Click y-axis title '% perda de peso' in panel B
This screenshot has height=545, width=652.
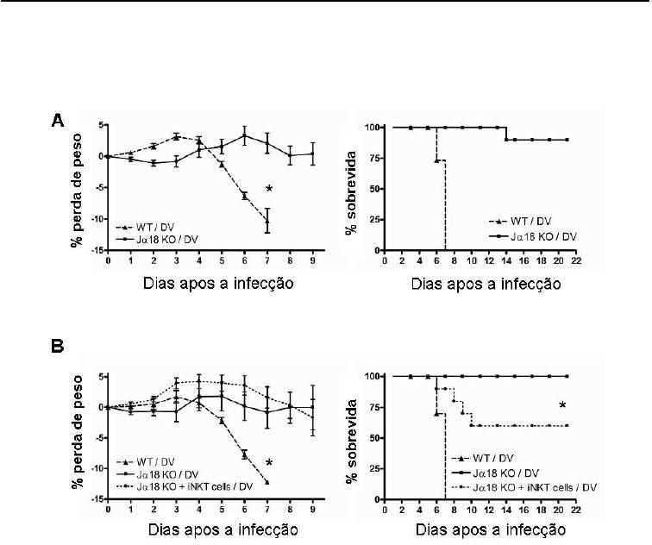(x=77, y=438)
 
